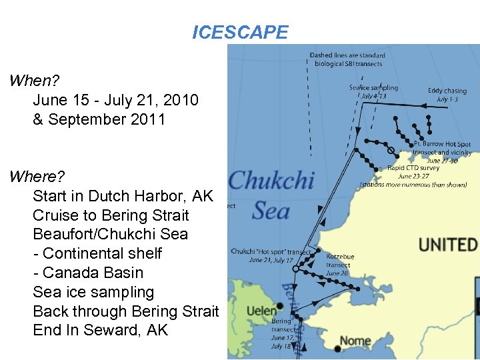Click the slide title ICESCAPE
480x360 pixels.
pos(240,32)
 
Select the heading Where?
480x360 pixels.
pos(37,177)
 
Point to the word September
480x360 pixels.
pos(90,120)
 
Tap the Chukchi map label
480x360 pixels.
pos(271,181)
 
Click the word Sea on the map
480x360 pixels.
pos(271,211)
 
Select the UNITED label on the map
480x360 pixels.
pos(448,245)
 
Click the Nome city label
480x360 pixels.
pos(356,341)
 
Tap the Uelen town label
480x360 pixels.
pos(261,311)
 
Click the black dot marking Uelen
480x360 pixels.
pos(281,307)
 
